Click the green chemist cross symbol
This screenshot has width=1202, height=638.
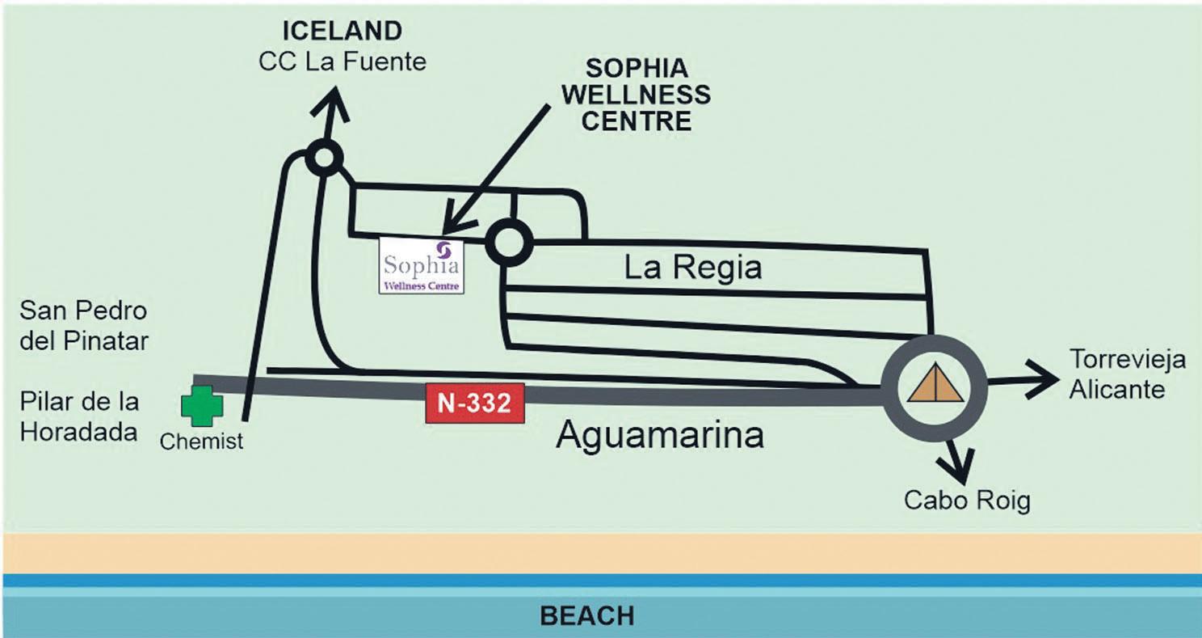[201, 405]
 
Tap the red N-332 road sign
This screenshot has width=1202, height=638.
[475, 403]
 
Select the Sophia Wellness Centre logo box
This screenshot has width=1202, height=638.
[422, 265]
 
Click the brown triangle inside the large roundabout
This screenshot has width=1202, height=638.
[935, 383]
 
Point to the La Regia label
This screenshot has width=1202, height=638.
[693, 267]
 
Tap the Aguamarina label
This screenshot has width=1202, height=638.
[660, 436]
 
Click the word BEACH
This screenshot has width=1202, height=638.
[586, 616]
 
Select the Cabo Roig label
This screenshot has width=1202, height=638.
[967, 501]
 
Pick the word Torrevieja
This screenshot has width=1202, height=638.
[1128, 358]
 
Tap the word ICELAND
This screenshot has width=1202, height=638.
[342, 32]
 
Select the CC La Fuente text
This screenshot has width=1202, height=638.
[342, 61]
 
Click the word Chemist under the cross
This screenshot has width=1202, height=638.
[201, 442]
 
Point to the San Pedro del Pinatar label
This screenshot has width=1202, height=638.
[84, 325]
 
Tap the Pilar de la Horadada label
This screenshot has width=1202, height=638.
[79, 416]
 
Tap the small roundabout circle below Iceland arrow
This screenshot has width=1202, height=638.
[323, 158]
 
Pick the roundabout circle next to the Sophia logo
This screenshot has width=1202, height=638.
[510, 242]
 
